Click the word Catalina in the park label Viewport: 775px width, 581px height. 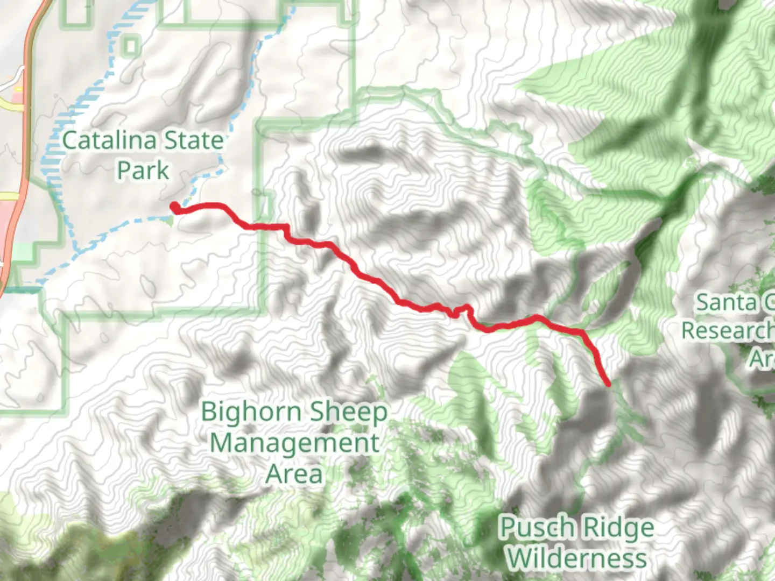coord(109,141)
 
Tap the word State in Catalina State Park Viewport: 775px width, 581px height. coord(193,141)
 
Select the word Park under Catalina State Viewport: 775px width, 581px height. coord(143,171)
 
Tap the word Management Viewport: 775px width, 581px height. coord(294,444)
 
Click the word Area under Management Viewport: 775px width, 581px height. coord(294,474)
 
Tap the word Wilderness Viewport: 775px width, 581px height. coord(577,558)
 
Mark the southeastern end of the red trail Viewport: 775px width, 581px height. coord(608,384)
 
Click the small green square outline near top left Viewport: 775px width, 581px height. coord(130,45)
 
